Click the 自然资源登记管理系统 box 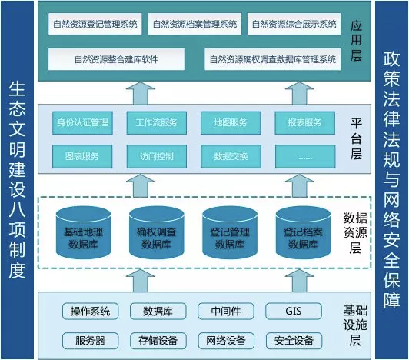(x=95, y=24)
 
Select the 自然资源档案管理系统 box (x=195, y=24)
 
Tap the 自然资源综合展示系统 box (x=294, y=24)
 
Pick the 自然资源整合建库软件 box (x=116, y=59)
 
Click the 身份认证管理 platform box (x=82, y=123)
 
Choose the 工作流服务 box (x=157, y=123)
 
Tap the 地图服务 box (x=231, y=123)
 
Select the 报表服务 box (x=305, y=123)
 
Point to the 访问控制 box (x=157, y=157)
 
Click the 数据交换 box (x=231, y=157)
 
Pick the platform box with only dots (x=305, y=157)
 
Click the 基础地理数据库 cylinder (x=84, y=232)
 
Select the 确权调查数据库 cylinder (x=157, y=232)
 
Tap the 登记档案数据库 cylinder (x=303, y=232)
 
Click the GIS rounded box (x=294, y=312)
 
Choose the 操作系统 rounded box (x=90, y=312)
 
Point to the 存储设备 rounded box (x=158, y=341)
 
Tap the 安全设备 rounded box (x=294, y=341)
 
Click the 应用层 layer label (x=356, y=41)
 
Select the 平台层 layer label (x=356, y=139)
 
